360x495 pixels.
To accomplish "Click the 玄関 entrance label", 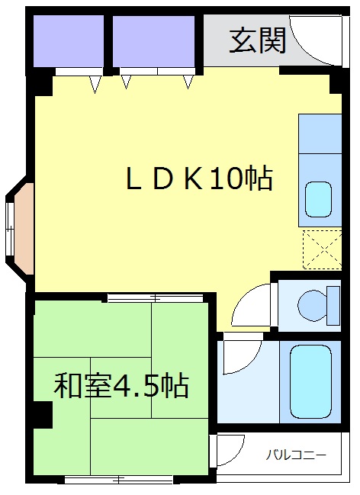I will tap(258, 40).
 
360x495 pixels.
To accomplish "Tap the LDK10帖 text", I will tap(199, 179).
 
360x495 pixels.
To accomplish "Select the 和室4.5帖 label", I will tap(121, 386).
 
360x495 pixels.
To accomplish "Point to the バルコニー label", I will tap(296, 455).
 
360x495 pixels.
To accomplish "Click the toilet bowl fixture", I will tap(311, 305).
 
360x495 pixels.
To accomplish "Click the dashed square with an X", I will tap(321, 248).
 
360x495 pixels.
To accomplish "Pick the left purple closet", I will tap(69, 40).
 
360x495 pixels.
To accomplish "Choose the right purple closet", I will tap(155, 40).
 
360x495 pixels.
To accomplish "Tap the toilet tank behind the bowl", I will tap(332, 305).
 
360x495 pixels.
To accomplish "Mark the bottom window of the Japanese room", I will tap(120, 480).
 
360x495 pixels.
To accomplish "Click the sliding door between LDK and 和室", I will tap(156, 297).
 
